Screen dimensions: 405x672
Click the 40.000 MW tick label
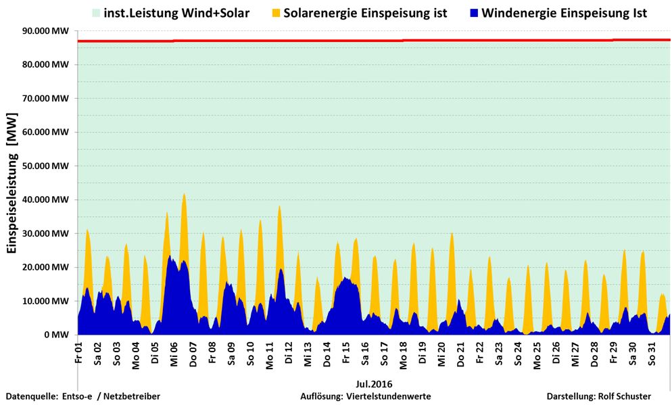coord(46,199)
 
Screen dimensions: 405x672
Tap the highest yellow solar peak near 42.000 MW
coord(183,195)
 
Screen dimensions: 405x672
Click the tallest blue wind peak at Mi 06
coord(170,256)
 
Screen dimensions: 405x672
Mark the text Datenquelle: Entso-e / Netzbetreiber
coord(83,396)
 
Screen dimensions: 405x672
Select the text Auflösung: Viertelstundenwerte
coord(365,396)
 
